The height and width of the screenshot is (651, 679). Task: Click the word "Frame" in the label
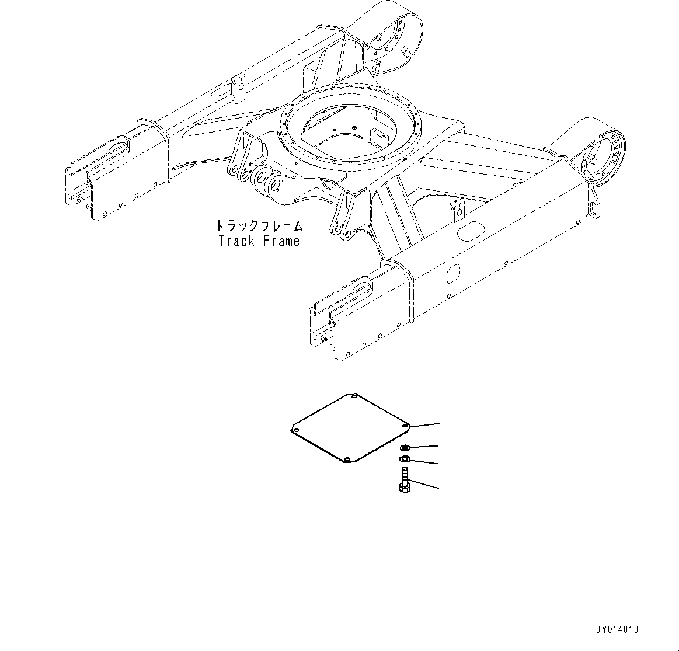coord(280,240)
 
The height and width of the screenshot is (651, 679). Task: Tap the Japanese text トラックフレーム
coord(259,226)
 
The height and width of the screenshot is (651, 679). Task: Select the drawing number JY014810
coord(617,630)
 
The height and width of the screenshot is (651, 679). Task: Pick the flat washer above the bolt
coord(403,458)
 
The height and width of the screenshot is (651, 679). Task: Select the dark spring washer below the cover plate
coord(403,448)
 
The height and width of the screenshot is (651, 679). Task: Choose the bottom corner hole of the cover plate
coord(346,460)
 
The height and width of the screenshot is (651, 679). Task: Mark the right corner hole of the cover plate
coord(405,426)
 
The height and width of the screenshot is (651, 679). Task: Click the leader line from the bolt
coord(424,484)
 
